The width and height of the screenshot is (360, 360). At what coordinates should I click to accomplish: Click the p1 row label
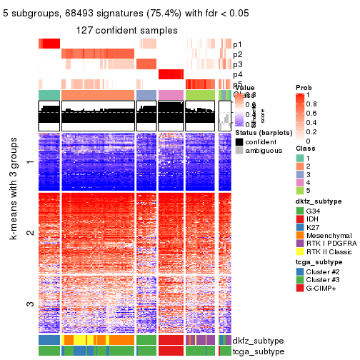pos(237,44)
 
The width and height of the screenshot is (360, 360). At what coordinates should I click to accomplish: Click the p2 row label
pos(237,54)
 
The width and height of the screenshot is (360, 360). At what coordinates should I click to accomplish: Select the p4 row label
pos(237,74)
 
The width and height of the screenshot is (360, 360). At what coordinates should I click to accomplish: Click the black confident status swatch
pos(239,141)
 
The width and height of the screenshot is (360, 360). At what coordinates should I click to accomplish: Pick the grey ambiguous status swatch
pos(239,151)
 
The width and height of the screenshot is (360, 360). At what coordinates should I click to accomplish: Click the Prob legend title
pos(303,86)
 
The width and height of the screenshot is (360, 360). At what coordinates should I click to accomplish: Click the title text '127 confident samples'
pos(127,29)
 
